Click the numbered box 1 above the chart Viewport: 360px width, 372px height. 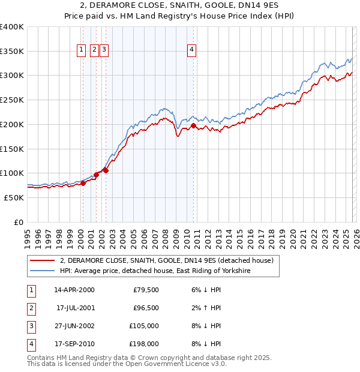coord(81,50)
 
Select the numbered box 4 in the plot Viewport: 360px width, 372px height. coord(191,50)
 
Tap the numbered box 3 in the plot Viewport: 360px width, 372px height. coord(104,50)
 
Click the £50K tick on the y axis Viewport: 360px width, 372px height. coord(14,197)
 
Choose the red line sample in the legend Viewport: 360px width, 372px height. coord(41,260)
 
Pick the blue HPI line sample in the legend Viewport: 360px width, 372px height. coord(41,271)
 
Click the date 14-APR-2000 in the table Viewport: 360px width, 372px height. coord(74,290)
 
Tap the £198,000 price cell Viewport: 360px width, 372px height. coord(143,344)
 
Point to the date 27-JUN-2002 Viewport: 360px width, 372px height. coord(74,326)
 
